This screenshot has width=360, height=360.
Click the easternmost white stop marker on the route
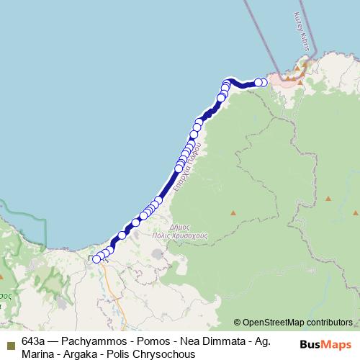[264, 82]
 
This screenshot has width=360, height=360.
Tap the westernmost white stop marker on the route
[96, 259]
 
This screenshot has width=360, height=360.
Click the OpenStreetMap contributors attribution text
[297, 323]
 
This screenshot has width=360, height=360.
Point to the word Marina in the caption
[38, 354]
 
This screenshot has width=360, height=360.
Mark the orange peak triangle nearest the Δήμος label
[233, 213]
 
